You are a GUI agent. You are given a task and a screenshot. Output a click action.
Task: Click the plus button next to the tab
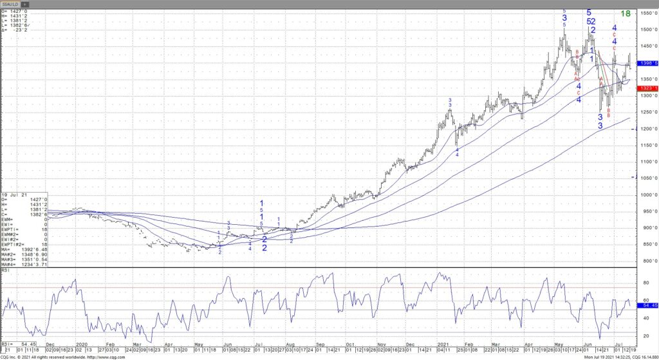tap(28, 4)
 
